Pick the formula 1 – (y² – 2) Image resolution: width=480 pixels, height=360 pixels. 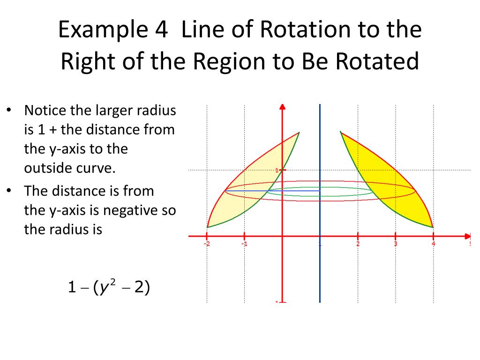108,287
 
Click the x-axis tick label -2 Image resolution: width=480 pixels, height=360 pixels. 207,244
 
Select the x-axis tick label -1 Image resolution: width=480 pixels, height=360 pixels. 244,244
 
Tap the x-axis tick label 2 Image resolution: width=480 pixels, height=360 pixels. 358,244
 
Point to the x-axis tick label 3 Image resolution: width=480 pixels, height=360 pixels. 395,244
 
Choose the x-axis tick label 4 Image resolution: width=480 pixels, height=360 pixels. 433,244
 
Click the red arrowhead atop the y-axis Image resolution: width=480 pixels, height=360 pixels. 282,107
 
